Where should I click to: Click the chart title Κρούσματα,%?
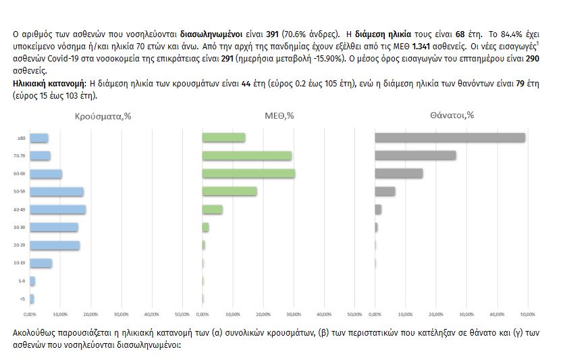coord(103,116)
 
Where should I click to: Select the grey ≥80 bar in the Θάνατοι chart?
coord(450,138)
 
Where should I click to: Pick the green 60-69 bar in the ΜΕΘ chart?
coord(248,174)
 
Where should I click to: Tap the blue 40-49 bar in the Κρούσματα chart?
coord(57,209)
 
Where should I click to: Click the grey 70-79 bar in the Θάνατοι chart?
coord(415,155)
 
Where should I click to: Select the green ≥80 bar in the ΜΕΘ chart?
coord(223,138)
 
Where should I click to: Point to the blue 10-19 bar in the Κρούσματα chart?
coord(41,263)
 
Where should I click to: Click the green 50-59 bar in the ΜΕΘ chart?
coord(230,191)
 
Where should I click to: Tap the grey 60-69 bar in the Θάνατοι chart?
coord(398,174)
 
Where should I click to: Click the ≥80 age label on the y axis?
coord(22,138)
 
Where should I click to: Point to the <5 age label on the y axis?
coord(23,299)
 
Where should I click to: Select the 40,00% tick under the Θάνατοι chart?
coord(497,314)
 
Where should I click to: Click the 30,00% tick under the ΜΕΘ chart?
coord(294,314)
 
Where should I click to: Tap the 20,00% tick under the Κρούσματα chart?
coord(90,314)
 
